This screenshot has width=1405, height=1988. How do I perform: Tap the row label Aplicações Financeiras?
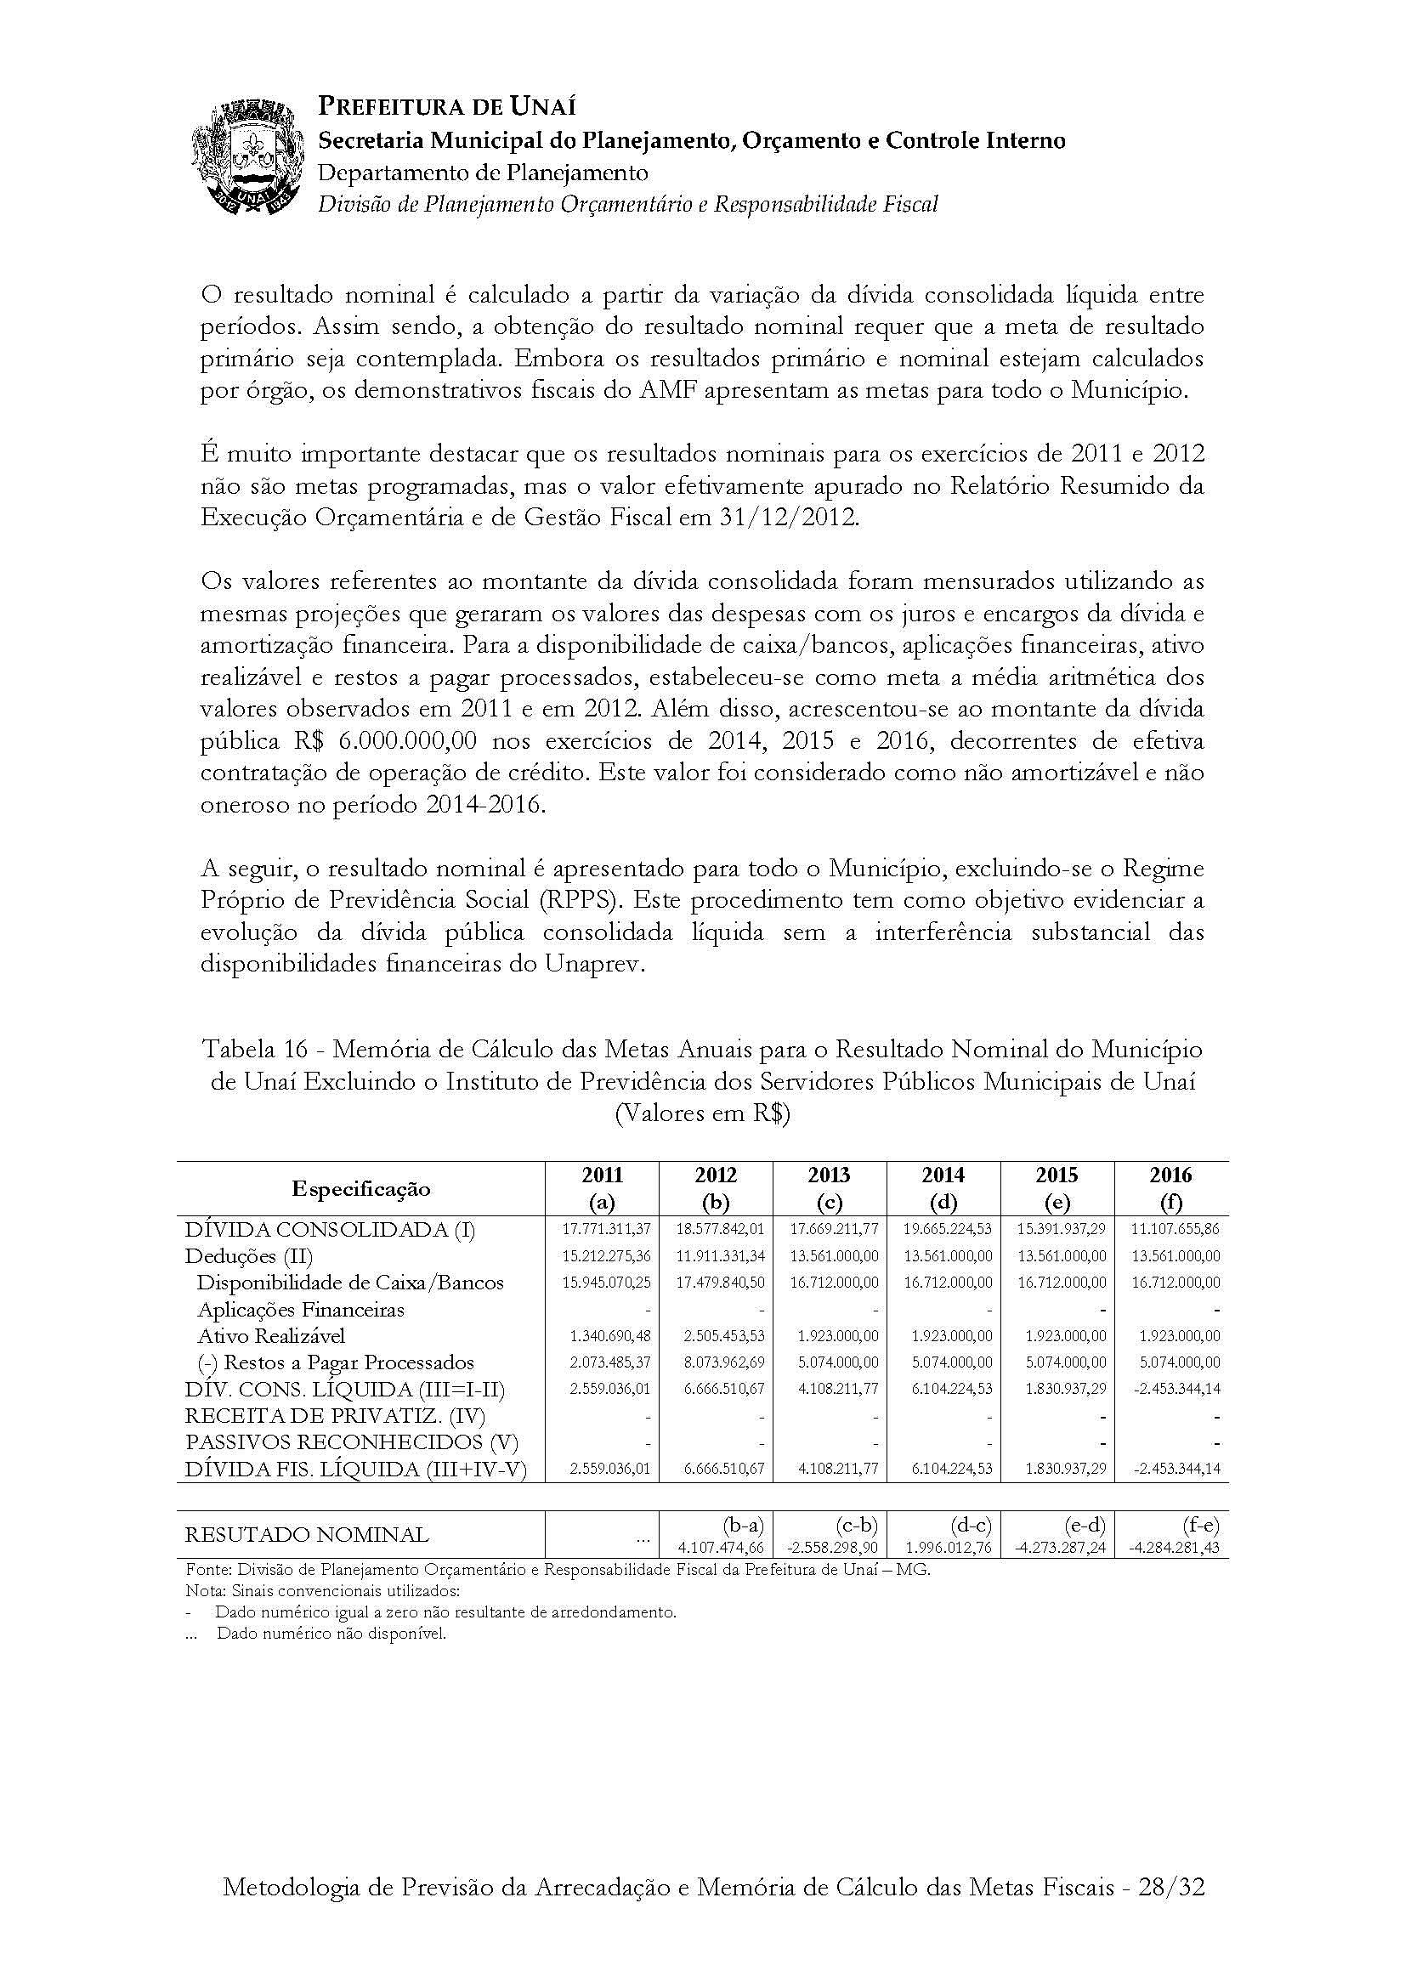tap(300, 1309)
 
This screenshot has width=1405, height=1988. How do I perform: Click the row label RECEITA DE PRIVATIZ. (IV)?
tap(335, 1417)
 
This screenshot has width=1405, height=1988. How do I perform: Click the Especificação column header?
tap(361, 1188)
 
